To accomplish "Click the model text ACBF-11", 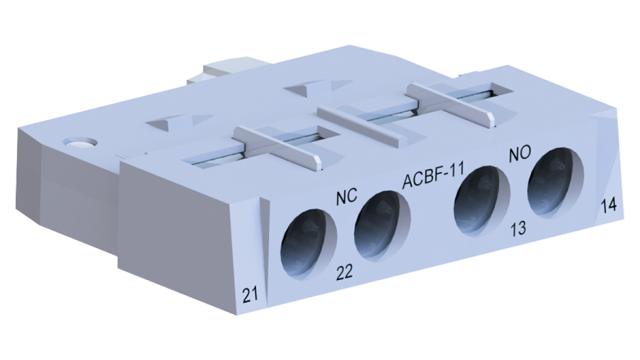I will (433, 180).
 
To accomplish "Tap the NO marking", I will (519, 155).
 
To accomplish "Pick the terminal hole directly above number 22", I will (378, 220).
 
